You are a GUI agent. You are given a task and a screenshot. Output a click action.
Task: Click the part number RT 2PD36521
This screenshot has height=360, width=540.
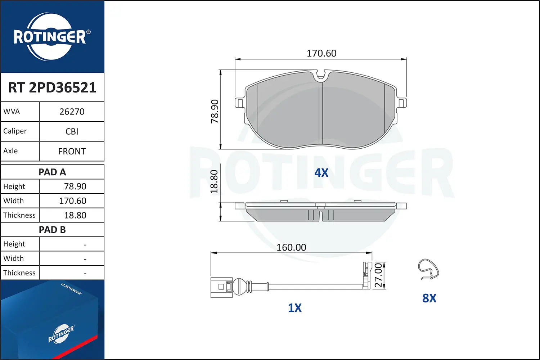tap(52, 87)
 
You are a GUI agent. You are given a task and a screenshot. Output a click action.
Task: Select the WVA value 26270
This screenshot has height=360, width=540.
tap(72, 112)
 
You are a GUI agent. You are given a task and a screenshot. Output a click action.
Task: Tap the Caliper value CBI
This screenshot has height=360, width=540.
tap(72, 131)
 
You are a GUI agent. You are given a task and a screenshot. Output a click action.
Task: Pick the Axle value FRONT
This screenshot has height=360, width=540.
tap(72, 151)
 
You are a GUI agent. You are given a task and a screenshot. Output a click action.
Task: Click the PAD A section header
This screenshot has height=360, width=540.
tap(52, 172)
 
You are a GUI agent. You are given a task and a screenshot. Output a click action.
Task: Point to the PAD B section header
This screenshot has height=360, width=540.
tap(52, 230)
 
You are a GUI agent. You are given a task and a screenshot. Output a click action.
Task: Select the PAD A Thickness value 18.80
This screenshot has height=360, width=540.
tap(75, 215)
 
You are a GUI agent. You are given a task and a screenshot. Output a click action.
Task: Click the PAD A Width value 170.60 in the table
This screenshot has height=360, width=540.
tap(73, 201)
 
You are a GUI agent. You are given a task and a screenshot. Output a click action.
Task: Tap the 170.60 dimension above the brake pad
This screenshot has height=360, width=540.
tap(321, 53)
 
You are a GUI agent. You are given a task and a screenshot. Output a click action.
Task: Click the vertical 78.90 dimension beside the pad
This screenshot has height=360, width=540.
tap(214, 111)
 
